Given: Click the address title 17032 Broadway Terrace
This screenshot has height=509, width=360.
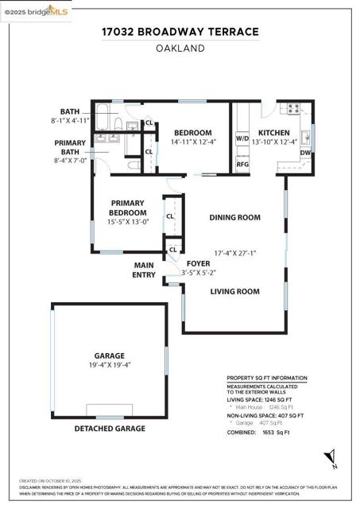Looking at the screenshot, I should click(180, 32).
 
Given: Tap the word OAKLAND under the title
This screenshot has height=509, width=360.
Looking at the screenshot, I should click(180, 48).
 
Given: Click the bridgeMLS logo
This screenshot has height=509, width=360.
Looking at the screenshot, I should click(36, 10).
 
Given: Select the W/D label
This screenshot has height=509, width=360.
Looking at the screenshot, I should click(242, 138).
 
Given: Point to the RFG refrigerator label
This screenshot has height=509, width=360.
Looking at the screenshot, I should click(242, 165).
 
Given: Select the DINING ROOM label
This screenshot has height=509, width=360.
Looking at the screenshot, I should click(234, 217).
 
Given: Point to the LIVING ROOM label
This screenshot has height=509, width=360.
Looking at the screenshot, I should click(234, 291).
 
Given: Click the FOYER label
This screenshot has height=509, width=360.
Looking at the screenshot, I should click(198, 263).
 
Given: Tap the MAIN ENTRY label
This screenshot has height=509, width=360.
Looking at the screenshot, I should click(144, 270).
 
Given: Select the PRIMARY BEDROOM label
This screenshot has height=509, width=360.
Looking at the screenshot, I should click(128, 208).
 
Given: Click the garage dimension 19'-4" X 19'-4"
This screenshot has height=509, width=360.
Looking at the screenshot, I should click(110, 365).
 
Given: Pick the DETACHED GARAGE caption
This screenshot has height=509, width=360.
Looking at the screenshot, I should click(110, 429).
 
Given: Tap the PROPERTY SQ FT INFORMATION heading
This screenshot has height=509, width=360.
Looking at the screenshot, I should click(267, 378).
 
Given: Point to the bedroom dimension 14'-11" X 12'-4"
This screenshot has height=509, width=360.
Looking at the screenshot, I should click(193, 142).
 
